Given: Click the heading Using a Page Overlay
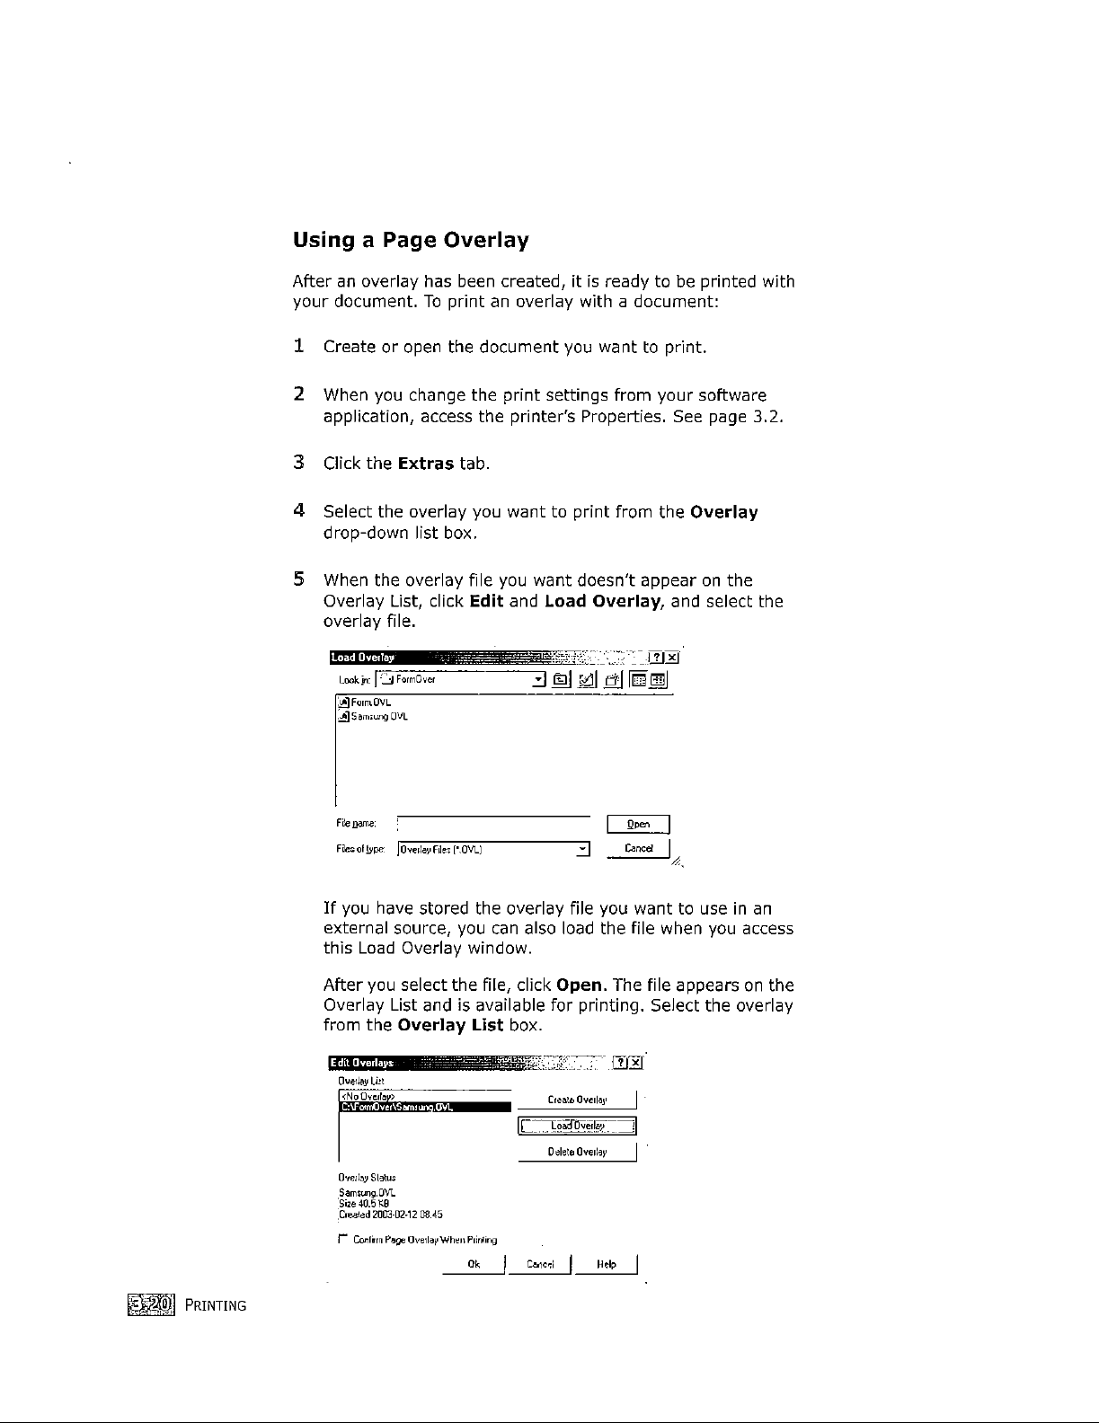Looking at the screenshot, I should pos(411,241).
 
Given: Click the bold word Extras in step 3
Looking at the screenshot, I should pos(426,464).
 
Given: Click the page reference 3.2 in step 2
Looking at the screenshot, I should pos(767,417).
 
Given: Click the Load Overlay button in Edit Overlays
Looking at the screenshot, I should pos(577,1127).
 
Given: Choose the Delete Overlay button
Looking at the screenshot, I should pos(577,1152).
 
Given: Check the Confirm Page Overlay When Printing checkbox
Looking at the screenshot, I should pos(333,1240).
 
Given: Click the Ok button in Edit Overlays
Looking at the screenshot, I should pos(474,1265).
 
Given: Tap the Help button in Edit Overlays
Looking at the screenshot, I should pos(608,1265).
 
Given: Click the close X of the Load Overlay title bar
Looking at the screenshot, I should pos(672,657).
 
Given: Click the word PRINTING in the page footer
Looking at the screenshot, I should pos(215,1305).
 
